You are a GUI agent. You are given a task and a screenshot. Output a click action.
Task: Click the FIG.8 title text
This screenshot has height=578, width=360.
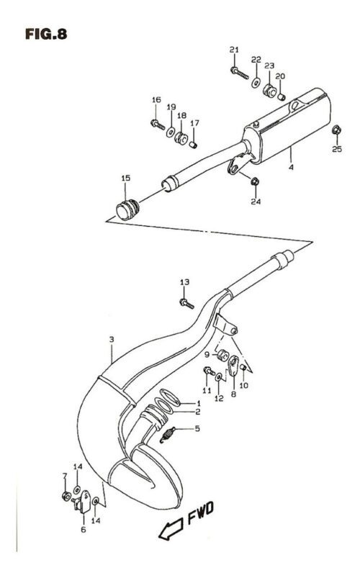[x=46, y=34]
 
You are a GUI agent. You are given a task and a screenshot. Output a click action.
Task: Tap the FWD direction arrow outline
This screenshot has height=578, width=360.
[x=171, y=529]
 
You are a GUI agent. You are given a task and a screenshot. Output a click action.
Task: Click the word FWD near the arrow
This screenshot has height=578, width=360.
[x=200, y=512]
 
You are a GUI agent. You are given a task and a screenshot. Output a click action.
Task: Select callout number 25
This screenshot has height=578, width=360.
[x=337, y=149]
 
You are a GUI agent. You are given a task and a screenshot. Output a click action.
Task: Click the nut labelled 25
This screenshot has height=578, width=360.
[x=336, y=130]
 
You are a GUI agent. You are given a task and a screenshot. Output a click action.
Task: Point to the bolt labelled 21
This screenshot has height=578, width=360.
[x=240, y=73]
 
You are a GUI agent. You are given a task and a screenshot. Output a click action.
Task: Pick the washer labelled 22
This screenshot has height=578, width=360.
[x=256, y=83]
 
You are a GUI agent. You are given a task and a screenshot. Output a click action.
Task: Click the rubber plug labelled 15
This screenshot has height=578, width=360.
[x=127, y=209]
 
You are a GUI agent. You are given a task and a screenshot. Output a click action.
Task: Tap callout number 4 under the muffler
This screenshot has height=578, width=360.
[x=292, y=167]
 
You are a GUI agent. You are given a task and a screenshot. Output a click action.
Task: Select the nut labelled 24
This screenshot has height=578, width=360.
[x=254, y=181]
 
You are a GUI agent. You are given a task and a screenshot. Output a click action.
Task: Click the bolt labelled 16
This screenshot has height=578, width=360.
[x=158, y=125]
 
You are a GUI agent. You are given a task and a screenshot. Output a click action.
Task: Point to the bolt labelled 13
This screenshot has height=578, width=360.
[x=186, y=304]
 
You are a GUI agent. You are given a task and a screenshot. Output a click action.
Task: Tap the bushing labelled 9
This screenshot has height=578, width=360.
[x=222, y=356]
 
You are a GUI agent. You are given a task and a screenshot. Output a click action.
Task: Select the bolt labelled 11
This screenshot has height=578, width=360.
[x=209, y=371]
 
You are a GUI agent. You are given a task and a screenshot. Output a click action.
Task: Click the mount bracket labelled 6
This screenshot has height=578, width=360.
[x=82, y=501]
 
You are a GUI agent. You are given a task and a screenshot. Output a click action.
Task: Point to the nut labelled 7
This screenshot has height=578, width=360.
[x=66, y=496]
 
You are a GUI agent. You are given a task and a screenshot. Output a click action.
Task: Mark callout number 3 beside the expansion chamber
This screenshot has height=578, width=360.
[x=112, y=340]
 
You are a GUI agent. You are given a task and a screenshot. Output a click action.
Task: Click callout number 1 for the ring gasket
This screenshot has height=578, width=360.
[x=199, y=403]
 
